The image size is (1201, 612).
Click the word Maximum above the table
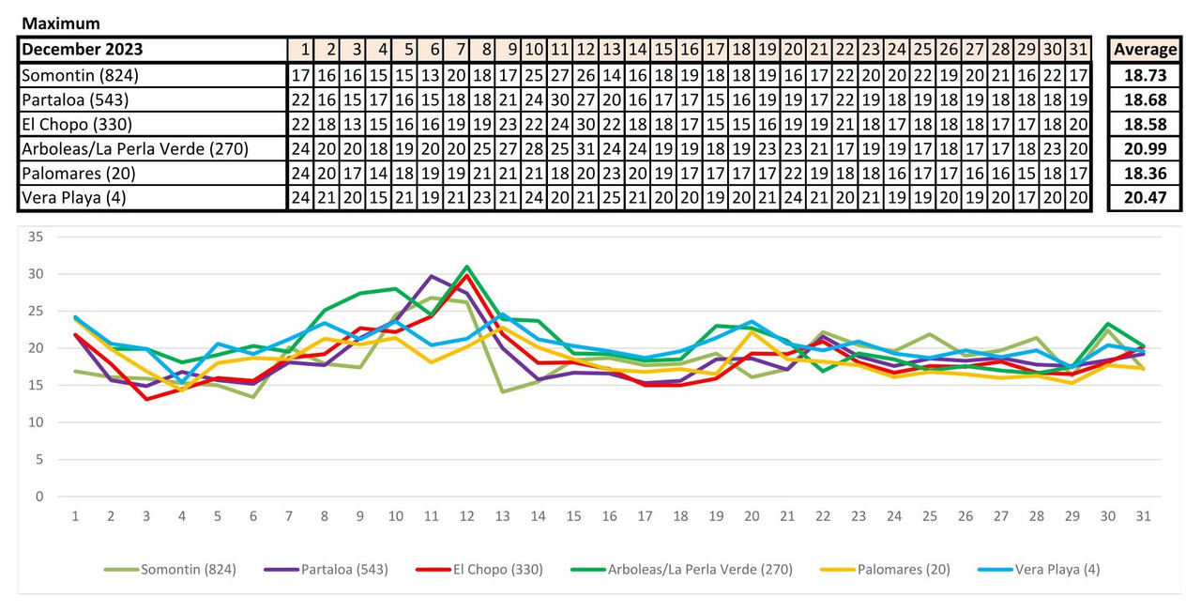(x=61, y=23)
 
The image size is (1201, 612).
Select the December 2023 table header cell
(x=83, y=50)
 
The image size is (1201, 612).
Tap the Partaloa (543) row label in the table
(x=75, y=99)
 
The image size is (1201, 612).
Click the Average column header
(x=1145, y=50)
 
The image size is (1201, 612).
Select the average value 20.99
(x=1145, y=149)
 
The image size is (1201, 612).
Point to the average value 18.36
(x=1145, y=174)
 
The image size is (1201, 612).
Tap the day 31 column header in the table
(x=1079, y=50)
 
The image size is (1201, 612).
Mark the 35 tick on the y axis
(x=37, y=237)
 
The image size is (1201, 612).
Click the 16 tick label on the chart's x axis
(x=609, y=516)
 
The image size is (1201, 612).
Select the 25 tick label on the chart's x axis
(x=930, y=516)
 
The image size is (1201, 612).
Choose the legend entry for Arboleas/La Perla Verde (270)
(x=699, y=569)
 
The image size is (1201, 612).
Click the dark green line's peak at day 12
(x=466, y=267)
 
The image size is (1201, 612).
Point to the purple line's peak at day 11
(x=431, y=276)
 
